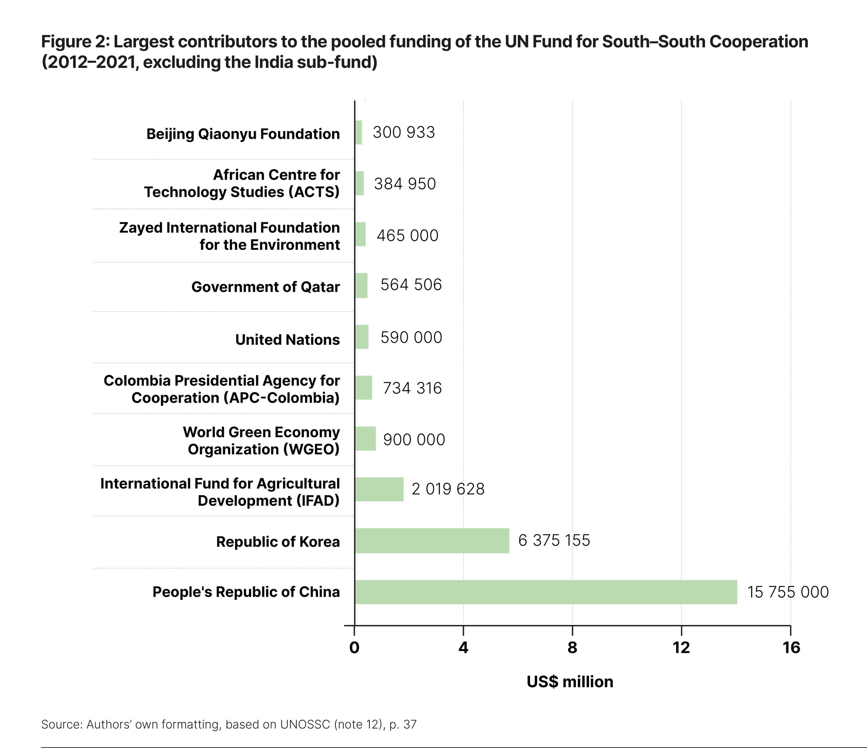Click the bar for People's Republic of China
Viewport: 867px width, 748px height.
546,592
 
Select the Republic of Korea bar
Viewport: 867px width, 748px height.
432,540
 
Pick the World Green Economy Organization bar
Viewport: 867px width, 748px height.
365,438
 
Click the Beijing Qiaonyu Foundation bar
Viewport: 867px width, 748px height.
359,133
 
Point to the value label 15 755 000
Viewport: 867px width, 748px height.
788,592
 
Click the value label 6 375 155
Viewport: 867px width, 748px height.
554,540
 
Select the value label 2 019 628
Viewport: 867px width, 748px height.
448,489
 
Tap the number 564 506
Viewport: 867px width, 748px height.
411,285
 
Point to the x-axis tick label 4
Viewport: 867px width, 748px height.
463,647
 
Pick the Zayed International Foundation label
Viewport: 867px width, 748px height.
229,236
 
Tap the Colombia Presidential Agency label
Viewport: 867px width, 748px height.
222,389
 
